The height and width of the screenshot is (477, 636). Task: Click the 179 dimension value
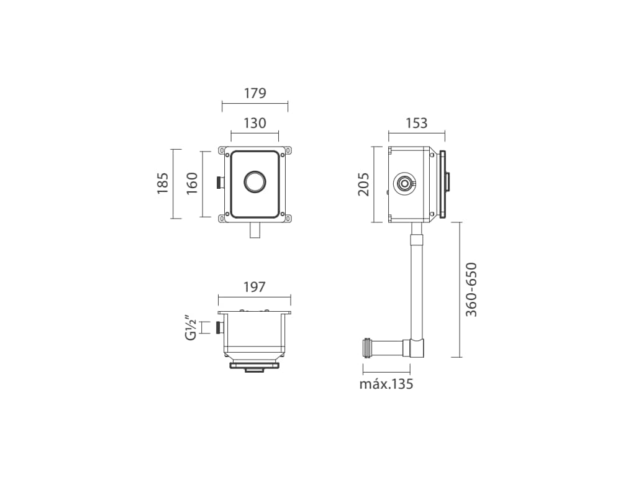coord(255,93)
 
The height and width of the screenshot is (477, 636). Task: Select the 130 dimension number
coord(255,123)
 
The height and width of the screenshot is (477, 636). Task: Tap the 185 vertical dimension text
coord(163,183)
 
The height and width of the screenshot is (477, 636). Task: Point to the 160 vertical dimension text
coord(192,183)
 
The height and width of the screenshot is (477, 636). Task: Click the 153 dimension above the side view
coord(417,123)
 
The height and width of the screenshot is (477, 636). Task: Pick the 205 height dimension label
coord(363,184)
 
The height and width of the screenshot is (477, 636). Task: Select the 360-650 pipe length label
coord(471,289)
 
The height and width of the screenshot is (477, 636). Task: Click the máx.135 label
coord(386,384)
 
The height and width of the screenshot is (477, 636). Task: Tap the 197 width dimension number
coord(254,287)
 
